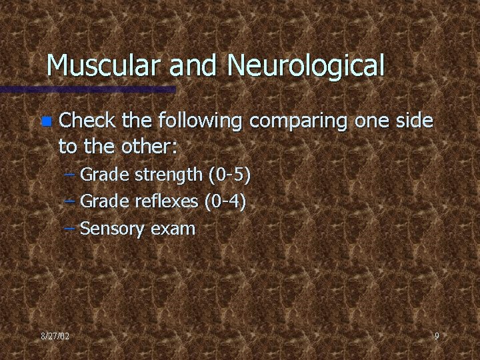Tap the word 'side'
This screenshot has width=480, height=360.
pos(413,121)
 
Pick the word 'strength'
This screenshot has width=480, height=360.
pos(169,175)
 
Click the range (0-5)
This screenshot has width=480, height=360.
pos(229,175)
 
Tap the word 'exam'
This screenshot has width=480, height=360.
pos(173,229)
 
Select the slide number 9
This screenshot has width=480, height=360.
pos(437,336)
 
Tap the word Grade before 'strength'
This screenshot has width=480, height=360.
pos(103,175)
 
